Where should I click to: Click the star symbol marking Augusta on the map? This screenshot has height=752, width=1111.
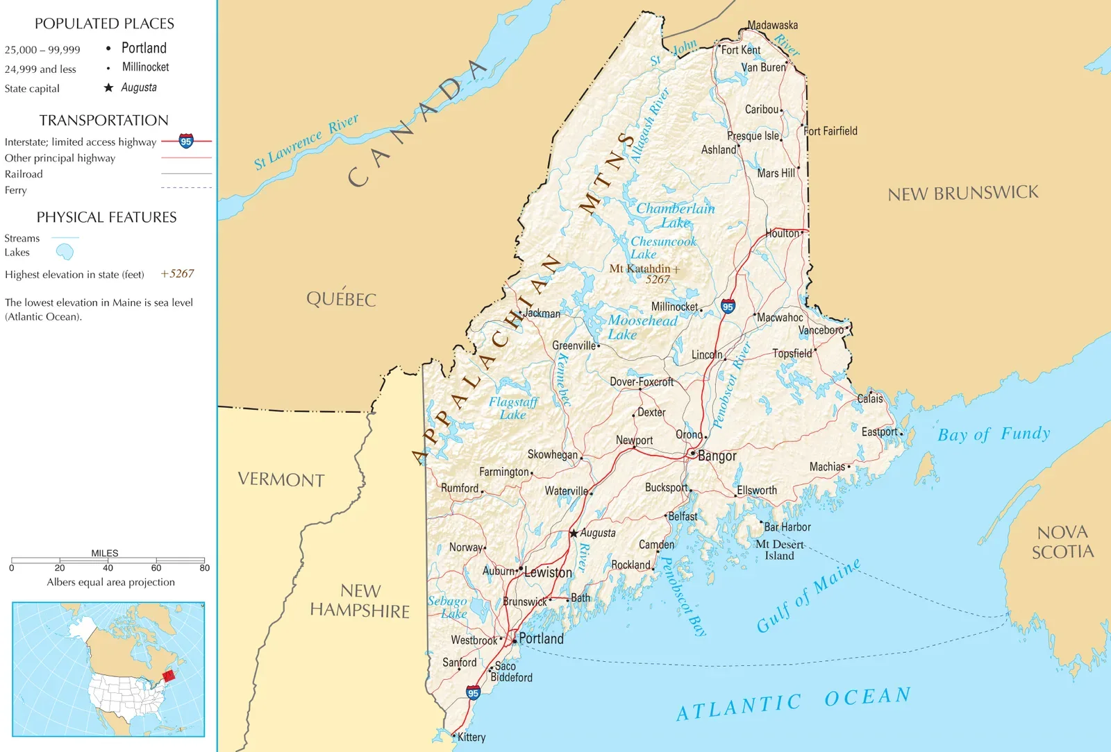[574, 533]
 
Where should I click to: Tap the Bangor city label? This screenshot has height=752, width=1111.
[717, 456]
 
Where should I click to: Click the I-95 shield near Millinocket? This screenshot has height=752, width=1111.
[728, 307]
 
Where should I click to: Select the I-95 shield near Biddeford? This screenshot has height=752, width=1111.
[473, 693]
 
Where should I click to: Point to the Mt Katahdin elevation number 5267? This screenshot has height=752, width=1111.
[658, 280]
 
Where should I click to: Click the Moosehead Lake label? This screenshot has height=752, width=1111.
[642, 327]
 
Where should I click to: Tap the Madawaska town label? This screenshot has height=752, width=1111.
[772, 25]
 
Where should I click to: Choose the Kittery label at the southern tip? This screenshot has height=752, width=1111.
[471, 737]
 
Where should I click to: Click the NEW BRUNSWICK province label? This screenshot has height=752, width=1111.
[963, 193]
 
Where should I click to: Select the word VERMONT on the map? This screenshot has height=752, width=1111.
[281, 479]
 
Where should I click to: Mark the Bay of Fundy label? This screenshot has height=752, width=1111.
[994, 434]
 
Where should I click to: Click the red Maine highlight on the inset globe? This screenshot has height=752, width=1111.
[168, 676]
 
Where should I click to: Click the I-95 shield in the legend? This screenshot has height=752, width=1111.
[186, 142]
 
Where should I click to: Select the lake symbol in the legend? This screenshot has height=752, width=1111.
[65, 251]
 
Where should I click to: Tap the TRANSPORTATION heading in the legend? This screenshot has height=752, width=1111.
[103, 120]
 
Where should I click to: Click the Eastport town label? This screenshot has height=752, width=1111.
[879, 431]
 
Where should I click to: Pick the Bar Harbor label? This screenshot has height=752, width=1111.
[787, 527]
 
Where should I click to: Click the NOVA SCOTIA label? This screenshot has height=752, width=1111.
[1062, 542]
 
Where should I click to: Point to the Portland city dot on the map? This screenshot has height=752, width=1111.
[515, 641]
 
